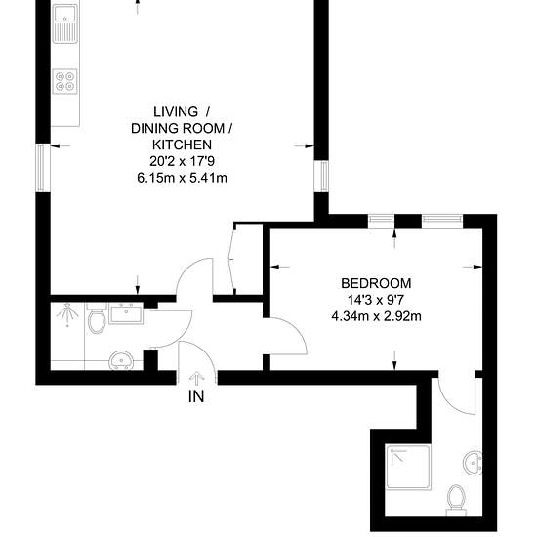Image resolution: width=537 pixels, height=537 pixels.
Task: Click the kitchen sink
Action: click(x=64, y=23)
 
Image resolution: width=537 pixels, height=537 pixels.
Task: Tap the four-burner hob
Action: click(x=64, y=81)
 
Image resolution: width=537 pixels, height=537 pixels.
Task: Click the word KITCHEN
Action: click(x=182, y=145)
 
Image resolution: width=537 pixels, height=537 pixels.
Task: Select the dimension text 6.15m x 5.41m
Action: click(x=182, y=178)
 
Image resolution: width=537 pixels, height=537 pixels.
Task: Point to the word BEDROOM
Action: click(x=376, y=283)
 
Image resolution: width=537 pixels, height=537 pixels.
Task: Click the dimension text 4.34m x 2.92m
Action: click(x=376, y=316)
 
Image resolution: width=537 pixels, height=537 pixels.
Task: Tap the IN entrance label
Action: click(x=196, y=396)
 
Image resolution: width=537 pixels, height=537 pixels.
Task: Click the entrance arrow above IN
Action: click(x=196, y=379)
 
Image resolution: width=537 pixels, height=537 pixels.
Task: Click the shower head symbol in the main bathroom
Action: click(x=67, y=314)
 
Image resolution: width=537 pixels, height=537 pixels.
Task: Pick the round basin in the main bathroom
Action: click(x=121, y=360)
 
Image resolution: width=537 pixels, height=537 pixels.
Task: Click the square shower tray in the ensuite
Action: click(x=407, y=467)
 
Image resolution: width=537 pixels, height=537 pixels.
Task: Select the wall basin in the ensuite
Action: click(x=473, y=463)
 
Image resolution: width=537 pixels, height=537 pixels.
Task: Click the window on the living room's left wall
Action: click(x=41, y=167)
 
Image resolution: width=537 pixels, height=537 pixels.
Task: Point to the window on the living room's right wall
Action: click(x=321, y=177)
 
